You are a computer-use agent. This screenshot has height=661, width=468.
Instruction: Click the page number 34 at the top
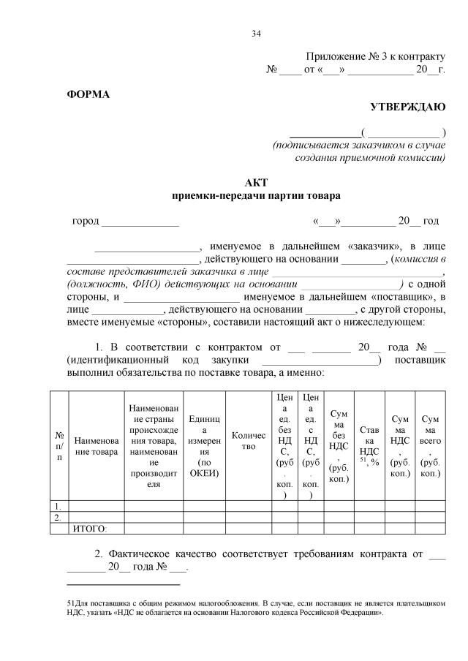coord(256,33)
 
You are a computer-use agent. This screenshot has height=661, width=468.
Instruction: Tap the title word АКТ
coord(256,182)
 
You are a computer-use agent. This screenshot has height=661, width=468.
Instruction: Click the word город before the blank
coord(86,221)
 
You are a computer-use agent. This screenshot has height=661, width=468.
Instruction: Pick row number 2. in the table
coord(58,517)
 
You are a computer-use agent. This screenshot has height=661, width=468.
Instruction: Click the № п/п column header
coord(58,446)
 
